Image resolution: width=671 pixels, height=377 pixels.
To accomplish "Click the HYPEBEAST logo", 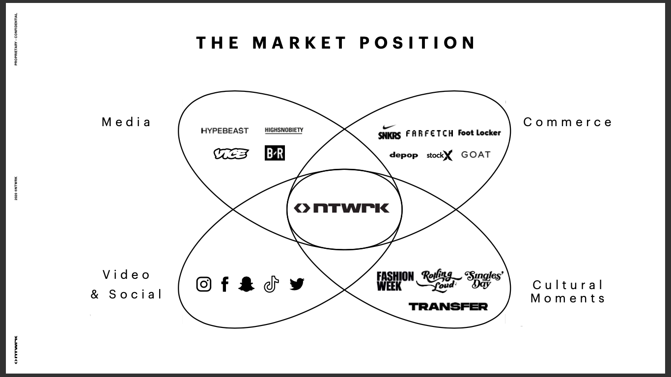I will pos(225,131).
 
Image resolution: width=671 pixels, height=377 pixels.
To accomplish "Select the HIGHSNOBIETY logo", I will pos(284,130).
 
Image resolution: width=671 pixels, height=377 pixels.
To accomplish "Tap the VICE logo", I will pos(231,154).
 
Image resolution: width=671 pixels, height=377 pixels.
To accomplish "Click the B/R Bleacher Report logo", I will pos(275,153).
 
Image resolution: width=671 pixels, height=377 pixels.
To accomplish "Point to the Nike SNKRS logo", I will pos(389,133).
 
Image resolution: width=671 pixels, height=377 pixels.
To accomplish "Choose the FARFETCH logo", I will pos(429,133).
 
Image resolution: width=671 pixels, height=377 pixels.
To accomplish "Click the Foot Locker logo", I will pos(479,133).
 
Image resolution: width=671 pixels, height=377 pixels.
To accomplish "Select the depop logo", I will pos(403,155).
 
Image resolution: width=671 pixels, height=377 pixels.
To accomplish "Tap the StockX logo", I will pos(439,156).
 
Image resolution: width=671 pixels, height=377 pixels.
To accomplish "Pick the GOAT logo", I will pos(475,155).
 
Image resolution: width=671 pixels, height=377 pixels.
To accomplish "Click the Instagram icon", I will pos(204,284).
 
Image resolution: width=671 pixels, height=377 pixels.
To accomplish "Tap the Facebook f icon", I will pos(225,284).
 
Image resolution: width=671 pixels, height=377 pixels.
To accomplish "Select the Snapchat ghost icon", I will pos(247,284).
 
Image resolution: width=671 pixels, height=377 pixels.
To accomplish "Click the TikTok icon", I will pos(271,284).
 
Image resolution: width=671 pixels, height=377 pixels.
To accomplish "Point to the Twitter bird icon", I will pos(297,284).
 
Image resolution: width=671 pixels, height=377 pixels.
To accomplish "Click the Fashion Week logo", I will pos(395,281).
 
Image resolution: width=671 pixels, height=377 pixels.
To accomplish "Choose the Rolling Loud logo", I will pos(438,281).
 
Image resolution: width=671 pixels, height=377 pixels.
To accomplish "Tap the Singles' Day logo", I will pos(483,279).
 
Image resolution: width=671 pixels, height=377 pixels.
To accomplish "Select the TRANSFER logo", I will pos(448,307).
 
